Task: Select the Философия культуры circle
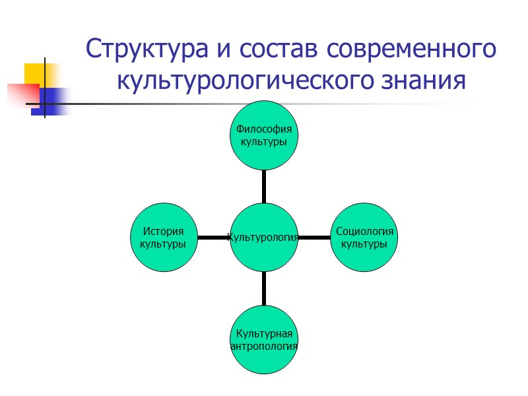(x=264, y=135)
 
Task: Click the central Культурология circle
(x=264, y=237)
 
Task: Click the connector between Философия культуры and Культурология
(x=264, y=185)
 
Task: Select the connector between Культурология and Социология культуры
(x=314, y=237)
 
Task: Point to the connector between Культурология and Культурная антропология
(x=264, y=288)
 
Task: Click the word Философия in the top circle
(x=264, y=129)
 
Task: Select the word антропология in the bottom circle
(x=264, y=345)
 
